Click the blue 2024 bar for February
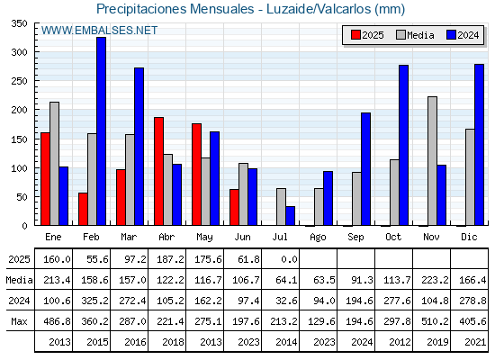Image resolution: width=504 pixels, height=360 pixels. pyautogui.click(x=101, y=131)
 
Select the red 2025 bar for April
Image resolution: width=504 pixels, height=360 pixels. pyautogui.click(x=158, y=171)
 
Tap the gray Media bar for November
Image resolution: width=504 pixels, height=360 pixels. pyautogui.click(x=432, y=161)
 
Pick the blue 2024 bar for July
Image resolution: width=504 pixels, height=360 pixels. pyautogui.click(x=290, y=216)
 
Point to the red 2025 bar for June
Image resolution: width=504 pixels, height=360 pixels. pyautogui.click(x=234, y=207)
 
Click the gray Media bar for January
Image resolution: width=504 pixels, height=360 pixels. pyautogui.click(x=54, y=164)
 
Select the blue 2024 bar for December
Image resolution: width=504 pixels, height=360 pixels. pyautogui.click(x=479, y=145)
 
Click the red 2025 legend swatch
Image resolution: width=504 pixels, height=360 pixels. pyautogui.click(x=355, y=35)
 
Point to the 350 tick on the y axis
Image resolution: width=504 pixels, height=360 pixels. pyautogui.click(x=19, y=23)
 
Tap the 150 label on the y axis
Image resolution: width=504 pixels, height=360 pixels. pyautogui.click(x=19, y=139)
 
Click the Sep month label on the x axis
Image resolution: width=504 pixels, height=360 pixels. pyautogui.click(x=355, y=238)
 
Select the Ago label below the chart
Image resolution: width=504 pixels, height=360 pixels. pyautogui.click(x=318, y=238)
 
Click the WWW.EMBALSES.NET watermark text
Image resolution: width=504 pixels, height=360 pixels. pyautogui.click(x=99, y=31)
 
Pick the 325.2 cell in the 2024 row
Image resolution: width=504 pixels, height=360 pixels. pyautogui.click(x=95, y=301)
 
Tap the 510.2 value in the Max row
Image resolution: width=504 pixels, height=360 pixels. pyautogui.click(x=435, y=321)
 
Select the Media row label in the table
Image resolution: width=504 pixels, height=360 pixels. pyautogui.click(x=19, y=280)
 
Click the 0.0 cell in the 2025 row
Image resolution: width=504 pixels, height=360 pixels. pyautogui.click(x=289, y=259)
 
